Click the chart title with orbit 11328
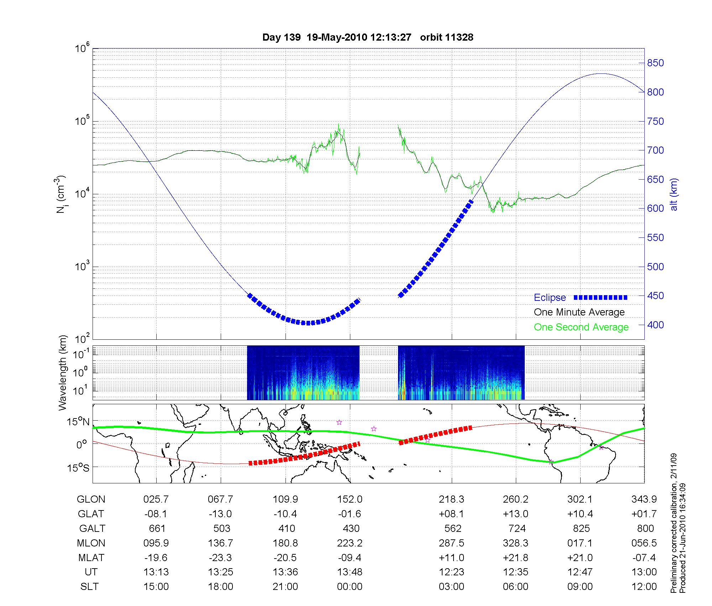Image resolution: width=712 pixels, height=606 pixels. pos(368,37)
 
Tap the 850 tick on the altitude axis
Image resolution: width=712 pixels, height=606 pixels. pos(655,63)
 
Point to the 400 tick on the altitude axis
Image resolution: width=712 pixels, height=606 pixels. pos(655,325)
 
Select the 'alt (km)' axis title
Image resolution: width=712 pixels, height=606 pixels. pos(674,194)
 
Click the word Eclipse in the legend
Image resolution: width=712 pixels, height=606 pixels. pos(550,297)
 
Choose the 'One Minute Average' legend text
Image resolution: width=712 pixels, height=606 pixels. pos(579,312)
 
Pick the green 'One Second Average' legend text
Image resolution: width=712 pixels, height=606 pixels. pos(581,327)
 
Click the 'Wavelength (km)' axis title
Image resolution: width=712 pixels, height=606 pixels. pos(63,373)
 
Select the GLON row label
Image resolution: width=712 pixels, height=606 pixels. pos(91,499)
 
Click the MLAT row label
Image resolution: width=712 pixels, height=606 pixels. pos(91,558)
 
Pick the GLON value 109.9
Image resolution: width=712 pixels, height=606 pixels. pos(285,499)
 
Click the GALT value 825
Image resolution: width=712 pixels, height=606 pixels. pos(581,528)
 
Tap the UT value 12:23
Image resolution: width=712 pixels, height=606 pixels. pos(451,572)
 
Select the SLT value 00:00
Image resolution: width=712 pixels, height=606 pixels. pos(350,587)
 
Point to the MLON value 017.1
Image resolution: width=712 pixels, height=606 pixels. pos(580,543)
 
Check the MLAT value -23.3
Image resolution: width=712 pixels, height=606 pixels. pos(221,558)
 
